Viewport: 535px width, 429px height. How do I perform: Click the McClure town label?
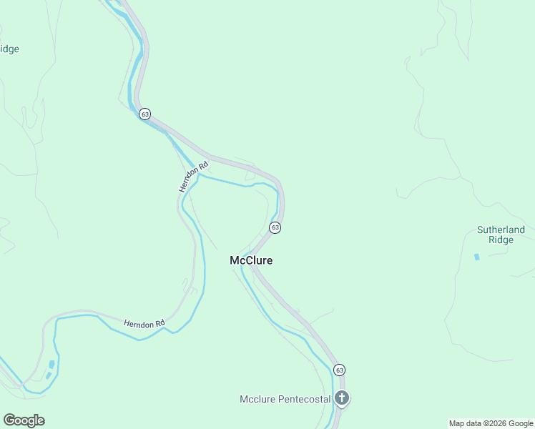pos(251,261)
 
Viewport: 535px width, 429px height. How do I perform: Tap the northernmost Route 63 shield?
pos(145,114)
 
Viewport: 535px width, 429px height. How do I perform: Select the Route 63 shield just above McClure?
pos(275,227)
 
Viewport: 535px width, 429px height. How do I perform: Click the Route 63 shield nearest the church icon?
pos(339,370)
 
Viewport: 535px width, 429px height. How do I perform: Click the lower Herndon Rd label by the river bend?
pos(144,324)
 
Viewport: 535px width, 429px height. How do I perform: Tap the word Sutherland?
pos(501,230)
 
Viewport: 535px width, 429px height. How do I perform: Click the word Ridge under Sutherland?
pos(501,240)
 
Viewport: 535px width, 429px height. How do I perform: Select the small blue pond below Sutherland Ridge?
pos(476,256)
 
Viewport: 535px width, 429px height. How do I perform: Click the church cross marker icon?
pos(342,398)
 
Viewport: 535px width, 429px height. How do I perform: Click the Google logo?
pos(24,420)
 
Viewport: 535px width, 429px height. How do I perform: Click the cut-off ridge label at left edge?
pos(9,49)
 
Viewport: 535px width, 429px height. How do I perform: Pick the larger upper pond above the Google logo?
pos(51,365)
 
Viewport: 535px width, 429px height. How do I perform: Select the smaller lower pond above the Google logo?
pos(47,375)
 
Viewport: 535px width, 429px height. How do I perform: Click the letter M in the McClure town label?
pos(235,261)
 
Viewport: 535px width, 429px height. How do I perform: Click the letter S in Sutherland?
pos(480,230)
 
